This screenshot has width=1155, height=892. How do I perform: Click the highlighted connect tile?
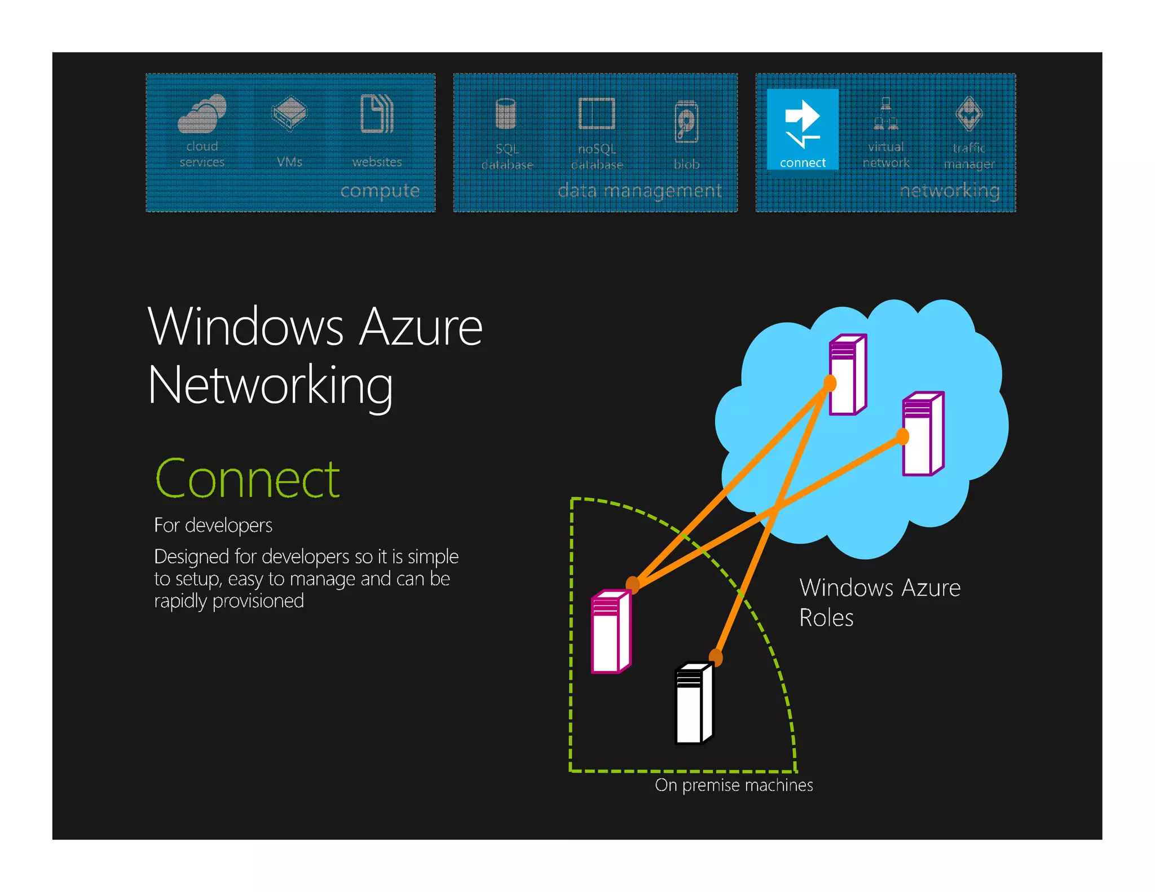coord(802,129)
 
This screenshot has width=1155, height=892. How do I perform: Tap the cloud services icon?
coord(202,114)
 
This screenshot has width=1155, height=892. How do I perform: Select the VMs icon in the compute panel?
coord(289,113)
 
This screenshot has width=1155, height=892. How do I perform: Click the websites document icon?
coord(377,114)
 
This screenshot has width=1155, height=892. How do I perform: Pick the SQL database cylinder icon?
coord(506,114)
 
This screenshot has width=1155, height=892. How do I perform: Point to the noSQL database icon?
coord(597,114)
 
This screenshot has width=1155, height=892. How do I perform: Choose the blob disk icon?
coord(686,122)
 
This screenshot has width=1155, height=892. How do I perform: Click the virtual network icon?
coord(885,114)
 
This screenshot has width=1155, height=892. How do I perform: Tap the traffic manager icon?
coord(969,114)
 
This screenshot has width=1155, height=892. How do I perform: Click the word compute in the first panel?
coord(380,191)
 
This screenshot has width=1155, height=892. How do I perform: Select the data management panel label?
coord(639,191)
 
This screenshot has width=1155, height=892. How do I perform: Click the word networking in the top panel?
coord(950,191)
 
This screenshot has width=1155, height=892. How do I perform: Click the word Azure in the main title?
coord(421,328)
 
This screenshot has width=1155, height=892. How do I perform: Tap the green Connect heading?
coord(248,479)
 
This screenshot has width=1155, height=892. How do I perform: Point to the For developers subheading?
coord(213,526)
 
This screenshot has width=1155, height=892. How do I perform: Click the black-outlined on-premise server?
coord(694,703)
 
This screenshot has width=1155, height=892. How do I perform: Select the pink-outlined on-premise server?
coord(611,632)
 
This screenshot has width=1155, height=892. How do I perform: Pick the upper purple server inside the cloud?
coord(848,374)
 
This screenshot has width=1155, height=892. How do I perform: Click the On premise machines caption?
coord(734,785)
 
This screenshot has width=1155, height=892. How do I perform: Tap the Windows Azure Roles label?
coord(880,602)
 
